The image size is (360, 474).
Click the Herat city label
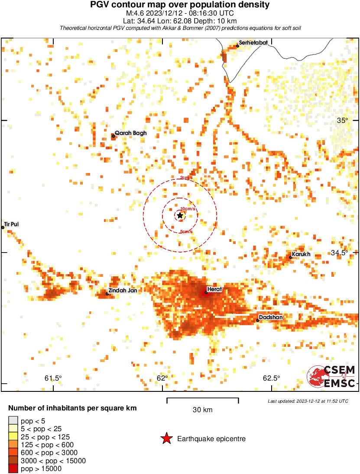coord(215,289)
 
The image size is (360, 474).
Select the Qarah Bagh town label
coord(131,133)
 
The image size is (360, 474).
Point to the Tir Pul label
coord(12,224)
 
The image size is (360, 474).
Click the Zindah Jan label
coord(123,291)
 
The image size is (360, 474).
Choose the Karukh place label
coord(301,254)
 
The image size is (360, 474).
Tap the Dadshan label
coord(271,317)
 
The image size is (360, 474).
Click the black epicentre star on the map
coord(180,215)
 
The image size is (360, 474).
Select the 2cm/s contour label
coord(186,178)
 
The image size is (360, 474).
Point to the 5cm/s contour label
coord(186,232)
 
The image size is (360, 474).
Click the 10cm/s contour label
coord(188,209)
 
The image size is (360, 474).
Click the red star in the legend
coord(166,439)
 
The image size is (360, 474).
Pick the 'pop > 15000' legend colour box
coord(13,469)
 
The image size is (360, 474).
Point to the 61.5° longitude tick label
coord(53,378)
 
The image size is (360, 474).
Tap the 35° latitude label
coord(342,120)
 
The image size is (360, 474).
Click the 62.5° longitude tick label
coord(272,378)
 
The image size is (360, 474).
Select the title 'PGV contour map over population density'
coord(180,5)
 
